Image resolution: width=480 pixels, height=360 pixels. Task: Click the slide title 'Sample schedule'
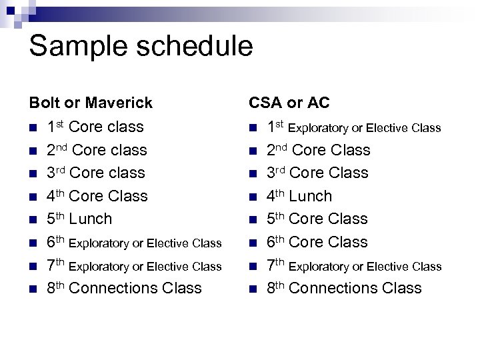(x=141, y=47)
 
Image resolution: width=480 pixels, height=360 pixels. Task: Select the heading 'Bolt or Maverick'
(x=91, y=103)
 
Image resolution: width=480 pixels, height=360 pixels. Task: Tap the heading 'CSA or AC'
(x=289, y=103)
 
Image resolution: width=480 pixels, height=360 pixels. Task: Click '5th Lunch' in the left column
(x=79, y=219)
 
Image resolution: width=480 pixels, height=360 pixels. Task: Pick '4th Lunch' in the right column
(x=299, y=196)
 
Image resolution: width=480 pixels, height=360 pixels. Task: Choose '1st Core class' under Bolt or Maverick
(x=95, y=127)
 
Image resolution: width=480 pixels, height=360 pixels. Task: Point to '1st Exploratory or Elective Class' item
(x=354, y=127)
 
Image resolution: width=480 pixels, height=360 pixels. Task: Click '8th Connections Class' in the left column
(x=124, y=288)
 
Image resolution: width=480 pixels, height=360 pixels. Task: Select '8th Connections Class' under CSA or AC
(x=344, y=288)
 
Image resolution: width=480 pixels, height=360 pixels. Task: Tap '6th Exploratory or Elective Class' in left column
(x=134, y=243)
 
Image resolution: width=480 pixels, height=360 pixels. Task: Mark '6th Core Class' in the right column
(x=317, y=242)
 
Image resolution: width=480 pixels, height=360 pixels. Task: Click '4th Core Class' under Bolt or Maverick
(x=97, y=196)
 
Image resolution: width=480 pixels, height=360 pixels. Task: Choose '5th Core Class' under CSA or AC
(x=317, y=219)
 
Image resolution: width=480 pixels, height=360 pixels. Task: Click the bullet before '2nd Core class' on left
(x=33, y=151)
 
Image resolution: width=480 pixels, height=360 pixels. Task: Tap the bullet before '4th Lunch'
(x=253, y=197)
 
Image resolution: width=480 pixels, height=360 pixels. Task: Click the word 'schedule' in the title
(x=189, y=47)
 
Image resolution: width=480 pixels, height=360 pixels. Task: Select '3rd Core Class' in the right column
(x=317, y=173)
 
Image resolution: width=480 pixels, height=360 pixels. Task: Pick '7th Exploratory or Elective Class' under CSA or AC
(x=354, y=266)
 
